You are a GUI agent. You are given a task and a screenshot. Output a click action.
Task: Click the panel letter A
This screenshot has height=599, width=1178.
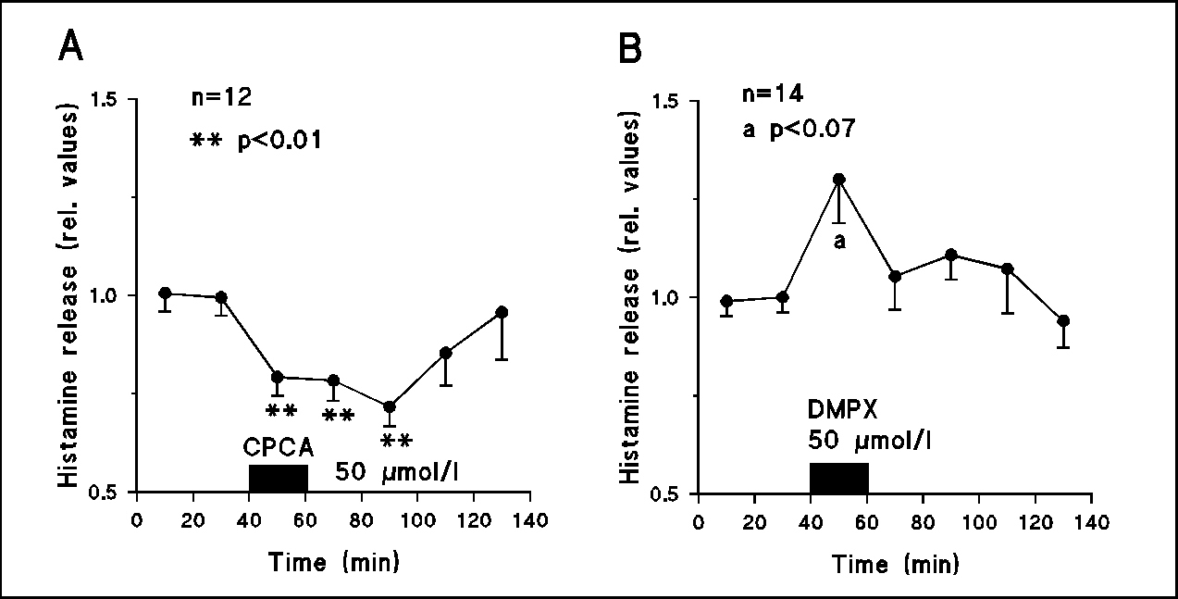(70, 45)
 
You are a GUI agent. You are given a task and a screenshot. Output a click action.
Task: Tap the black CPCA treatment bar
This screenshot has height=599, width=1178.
(278, 478)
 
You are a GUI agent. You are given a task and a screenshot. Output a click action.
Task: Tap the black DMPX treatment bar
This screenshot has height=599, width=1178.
(839, 478)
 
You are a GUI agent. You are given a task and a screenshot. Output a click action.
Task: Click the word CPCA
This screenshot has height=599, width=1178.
(278, 449)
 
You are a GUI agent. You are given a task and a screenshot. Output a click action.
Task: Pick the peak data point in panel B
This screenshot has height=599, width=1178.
(839, 179)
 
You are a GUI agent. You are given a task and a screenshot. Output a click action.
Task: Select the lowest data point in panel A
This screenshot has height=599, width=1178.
(390, 406)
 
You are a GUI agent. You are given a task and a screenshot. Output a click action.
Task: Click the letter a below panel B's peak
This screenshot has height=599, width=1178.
(840, 243)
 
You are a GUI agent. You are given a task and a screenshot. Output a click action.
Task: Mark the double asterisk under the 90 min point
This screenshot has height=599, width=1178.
(396, 440)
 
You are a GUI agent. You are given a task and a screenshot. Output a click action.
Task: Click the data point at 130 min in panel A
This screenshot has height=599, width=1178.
(502, 312)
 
